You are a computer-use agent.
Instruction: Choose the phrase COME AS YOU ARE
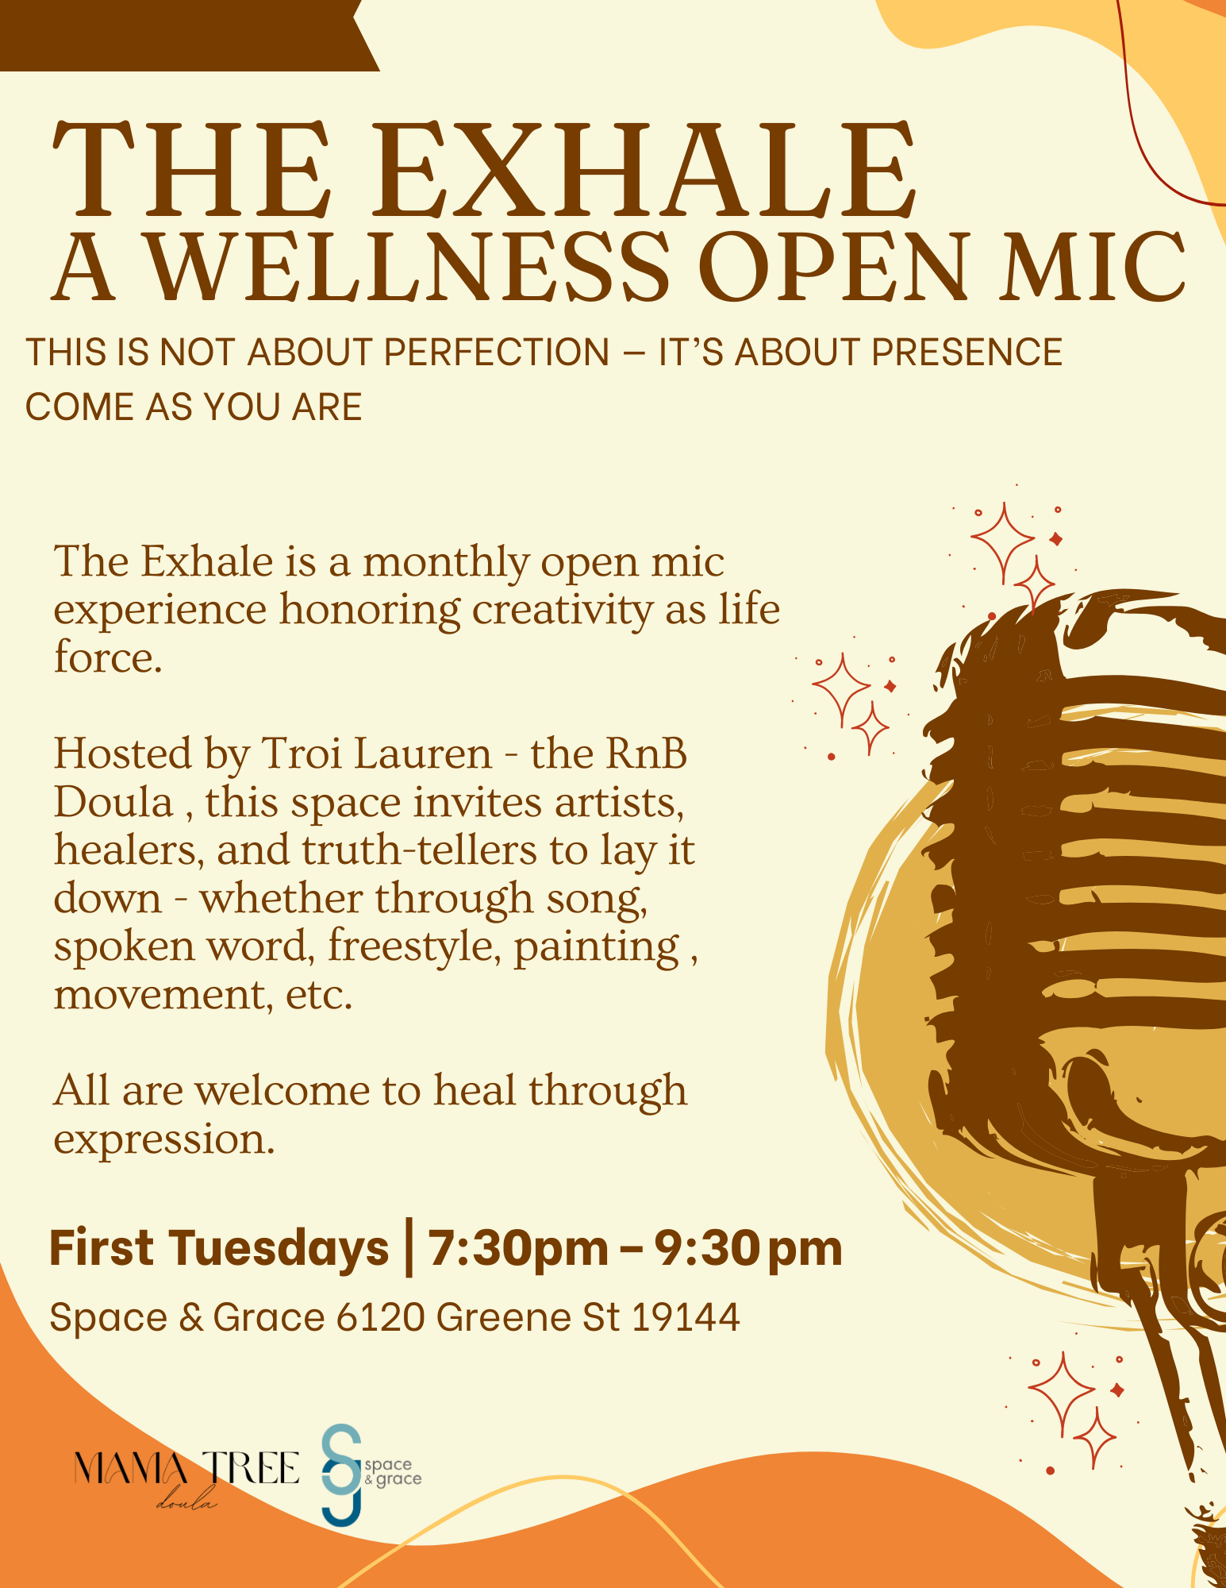pyautogui.click(x=194, y=407)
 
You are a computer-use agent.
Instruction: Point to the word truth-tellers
pyautogui.click(x=419, y=850)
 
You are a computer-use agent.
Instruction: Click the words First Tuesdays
pyautogui.click(x=219, y=1248)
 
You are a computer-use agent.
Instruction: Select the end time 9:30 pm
pyautogui.click(x=748, y=1248)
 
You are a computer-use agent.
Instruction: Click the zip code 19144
pyautogui.click(x=686, y=1317)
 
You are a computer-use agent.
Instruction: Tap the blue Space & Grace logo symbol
pyautogui.click(x=342, y=1474)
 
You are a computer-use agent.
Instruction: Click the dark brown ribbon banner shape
pyautogui.click(x=183, y=35)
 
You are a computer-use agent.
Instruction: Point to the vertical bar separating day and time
pyautogui.click(x=409, y=1247)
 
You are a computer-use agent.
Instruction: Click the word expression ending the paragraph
pyautogui.click(x=163, y=1139)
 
